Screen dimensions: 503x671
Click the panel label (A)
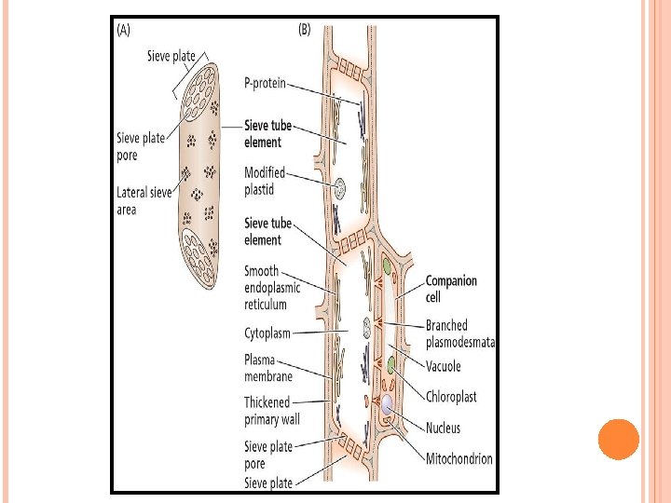tap(125, 30)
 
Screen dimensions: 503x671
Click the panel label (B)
tap(304, 30)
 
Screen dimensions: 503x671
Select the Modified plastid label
tap(265, 181)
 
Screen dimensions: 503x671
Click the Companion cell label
tap(451, 288)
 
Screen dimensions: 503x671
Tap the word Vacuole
tap(444, 367)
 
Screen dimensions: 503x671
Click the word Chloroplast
tap(451, 397)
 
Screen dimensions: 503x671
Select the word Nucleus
tap(443, 428)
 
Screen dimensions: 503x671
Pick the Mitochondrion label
tap(459, 458)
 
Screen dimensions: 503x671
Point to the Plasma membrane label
tap(268, 368)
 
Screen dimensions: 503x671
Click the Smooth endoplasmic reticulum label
tap(272, 288)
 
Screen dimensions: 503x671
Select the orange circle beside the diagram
tap(617, 440)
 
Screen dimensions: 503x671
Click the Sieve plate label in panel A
tap(171, 56)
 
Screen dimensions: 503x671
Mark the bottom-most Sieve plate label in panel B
tap(268, 483)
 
